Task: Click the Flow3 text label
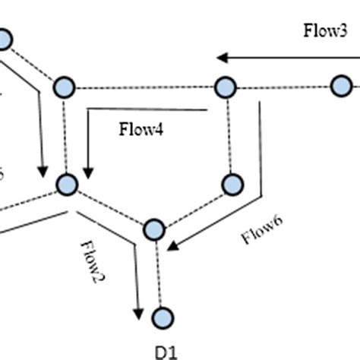(326, 31)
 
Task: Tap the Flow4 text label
(141, 128)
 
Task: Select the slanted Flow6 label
(262, 230)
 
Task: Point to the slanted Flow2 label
(92, 262)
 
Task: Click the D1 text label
(166, 351)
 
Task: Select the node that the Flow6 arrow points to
(154, 229)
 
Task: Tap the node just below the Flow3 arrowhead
(223, 87)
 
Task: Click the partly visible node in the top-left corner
(5, 39)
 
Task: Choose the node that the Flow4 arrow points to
(68, 185)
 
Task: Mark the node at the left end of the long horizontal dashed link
(65, 88)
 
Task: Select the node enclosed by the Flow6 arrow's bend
(232, 184)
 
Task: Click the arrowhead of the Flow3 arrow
(220, 57)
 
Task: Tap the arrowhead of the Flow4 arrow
(89, 174)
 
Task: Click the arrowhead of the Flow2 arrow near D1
(138, 315)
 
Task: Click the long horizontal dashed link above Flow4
(144, 88)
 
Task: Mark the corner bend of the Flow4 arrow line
(89, 110)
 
